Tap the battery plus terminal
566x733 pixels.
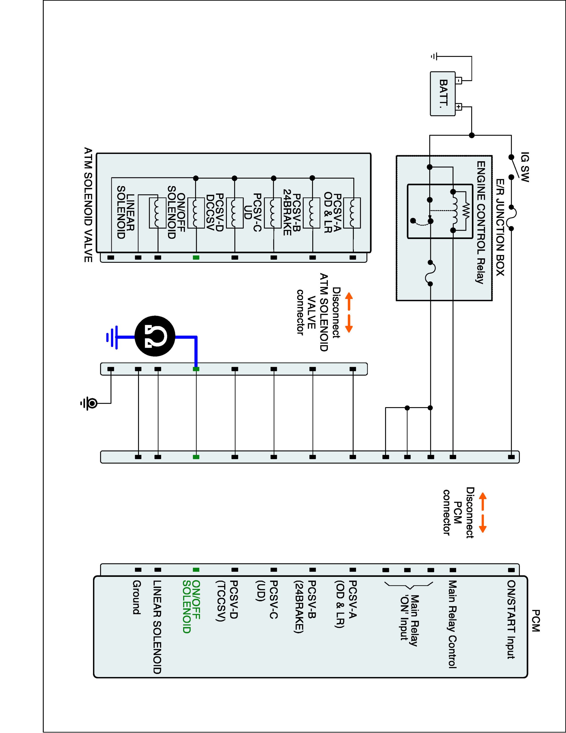[x=459, y=107]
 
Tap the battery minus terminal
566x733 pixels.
[x=459, y=81]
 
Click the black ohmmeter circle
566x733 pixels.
[x=155, y=336]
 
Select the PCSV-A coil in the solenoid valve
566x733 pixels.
[x=352, y=213]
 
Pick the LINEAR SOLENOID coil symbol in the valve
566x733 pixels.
[x=157, y=213]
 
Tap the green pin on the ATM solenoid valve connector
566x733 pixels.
[x=196, y=258]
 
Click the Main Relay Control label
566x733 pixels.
[x=453, y=624]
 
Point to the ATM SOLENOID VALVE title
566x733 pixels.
[x=88, y=205]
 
